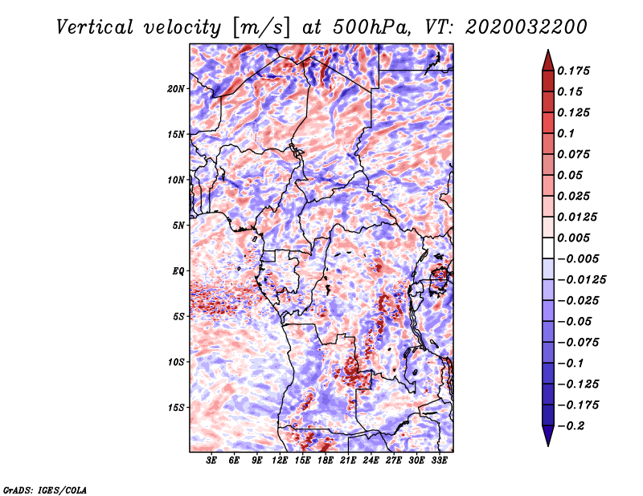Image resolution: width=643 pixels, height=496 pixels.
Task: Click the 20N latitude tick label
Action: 176,89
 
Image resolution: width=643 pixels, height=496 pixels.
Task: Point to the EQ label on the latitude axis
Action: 178,271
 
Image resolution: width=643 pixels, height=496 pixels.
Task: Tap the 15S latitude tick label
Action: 176,408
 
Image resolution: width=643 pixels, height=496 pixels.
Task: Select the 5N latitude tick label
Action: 178,226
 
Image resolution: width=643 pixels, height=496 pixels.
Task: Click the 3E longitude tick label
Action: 211,461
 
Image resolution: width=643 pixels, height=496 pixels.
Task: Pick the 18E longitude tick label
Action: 326,461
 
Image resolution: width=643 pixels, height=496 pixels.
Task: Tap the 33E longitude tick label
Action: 439,461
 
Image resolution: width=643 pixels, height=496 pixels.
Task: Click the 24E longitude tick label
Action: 371,461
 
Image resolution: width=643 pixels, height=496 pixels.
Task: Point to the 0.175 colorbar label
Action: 573,71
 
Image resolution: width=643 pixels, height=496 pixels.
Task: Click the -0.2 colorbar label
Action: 571,426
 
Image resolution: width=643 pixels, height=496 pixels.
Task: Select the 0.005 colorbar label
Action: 573,238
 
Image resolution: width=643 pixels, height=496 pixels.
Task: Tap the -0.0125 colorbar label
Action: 581,280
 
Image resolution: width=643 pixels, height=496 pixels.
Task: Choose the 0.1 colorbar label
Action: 566,133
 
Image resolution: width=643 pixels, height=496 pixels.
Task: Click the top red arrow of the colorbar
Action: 548,61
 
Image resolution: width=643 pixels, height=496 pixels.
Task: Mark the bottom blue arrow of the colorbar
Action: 548,436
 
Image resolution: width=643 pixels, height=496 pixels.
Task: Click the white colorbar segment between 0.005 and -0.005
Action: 548,248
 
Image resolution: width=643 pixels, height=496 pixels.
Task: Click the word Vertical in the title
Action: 95,27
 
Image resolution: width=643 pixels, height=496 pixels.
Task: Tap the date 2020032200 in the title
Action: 526,27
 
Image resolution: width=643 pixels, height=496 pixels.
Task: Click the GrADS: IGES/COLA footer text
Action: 45,490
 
